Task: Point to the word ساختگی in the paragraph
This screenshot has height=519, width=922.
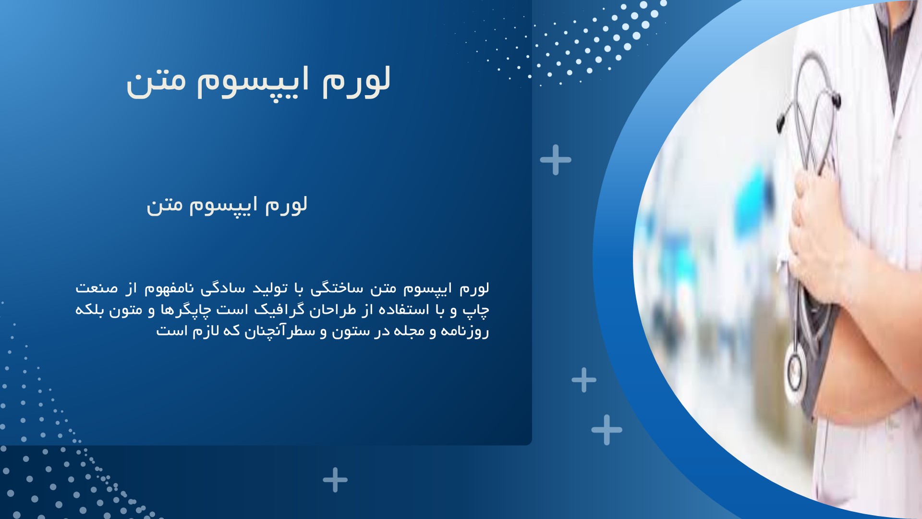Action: tap(337, 288)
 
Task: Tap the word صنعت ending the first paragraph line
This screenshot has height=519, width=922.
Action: tap(97, 289)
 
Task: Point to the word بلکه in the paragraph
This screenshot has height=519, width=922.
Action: tap(89, 310)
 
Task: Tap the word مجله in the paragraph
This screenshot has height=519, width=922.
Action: tap(410, 331)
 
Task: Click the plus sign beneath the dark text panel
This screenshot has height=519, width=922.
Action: tap(335, 480)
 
